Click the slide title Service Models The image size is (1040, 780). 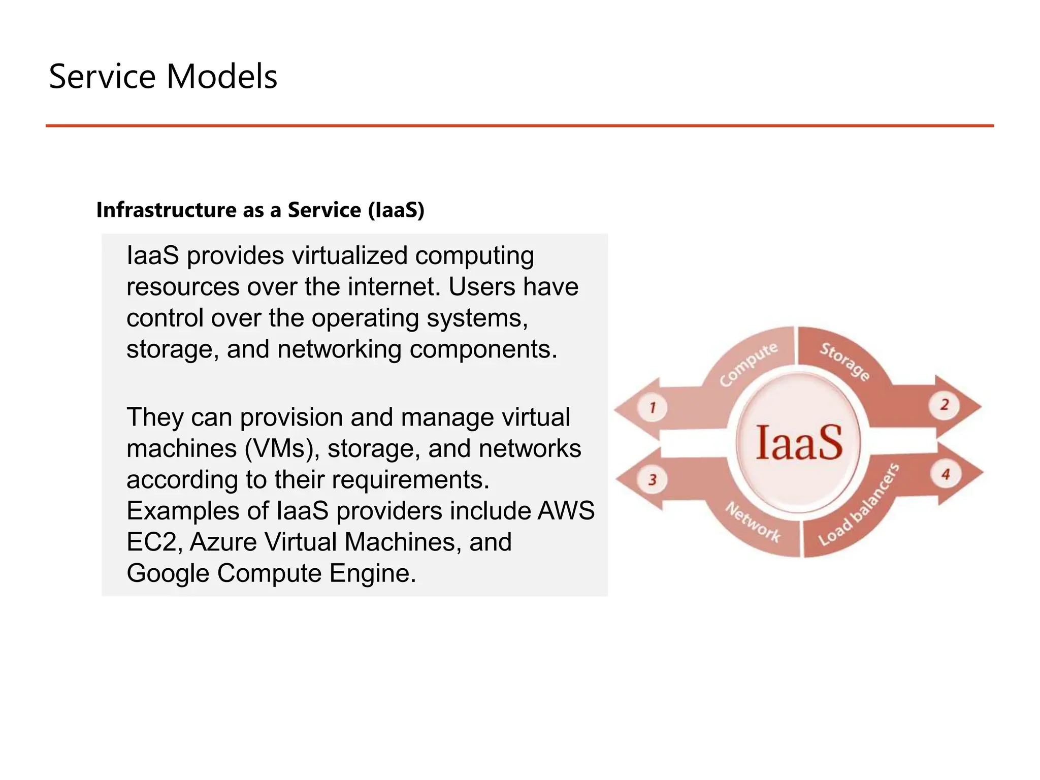(x=163, y=77)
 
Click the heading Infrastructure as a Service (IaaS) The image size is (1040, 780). (x=260, y=210)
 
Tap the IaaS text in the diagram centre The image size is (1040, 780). (x=799, y=443)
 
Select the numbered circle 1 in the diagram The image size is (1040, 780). (x=653, y=407)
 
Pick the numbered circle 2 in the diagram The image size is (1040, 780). (x=945, y=405)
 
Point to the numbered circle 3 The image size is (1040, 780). (x=653, y=479)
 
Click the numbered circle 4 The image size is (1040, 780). (x=946, y=475)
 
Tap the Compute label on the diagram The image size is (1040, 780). (x=748, y=364)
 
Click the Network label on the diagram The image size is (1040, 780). (x=753, y=522)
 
